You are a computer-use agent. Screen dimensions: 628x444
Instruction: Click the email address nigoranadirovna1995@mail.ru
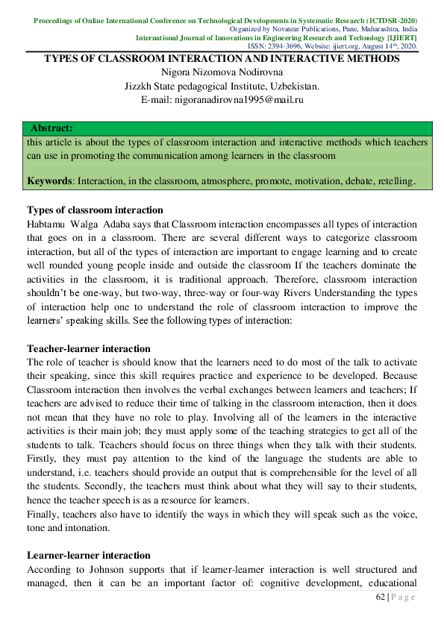point(222,99)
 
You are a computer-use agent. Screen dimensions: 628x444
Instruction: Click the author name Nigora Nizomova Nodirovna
point(222,72)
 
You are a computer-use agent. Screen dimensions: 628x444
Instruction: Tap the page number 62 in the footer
point(381,597)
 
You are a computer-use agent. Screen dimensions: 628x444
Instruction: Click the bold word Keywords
point(50,181)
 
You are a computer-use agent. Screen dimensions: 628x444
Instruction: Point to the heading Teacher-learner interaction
point(89,348)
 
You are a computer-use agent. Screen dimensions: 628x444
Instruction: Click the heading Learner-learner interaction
point(89,555)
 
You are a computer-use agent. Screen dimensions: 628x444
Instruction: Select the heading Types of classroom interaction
point(95,210)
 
